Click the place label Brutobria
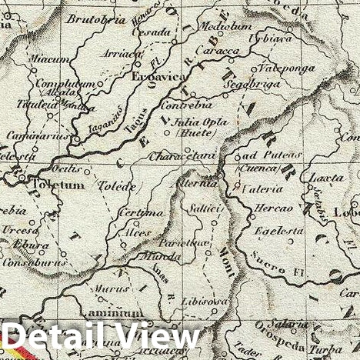(96, 20)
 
